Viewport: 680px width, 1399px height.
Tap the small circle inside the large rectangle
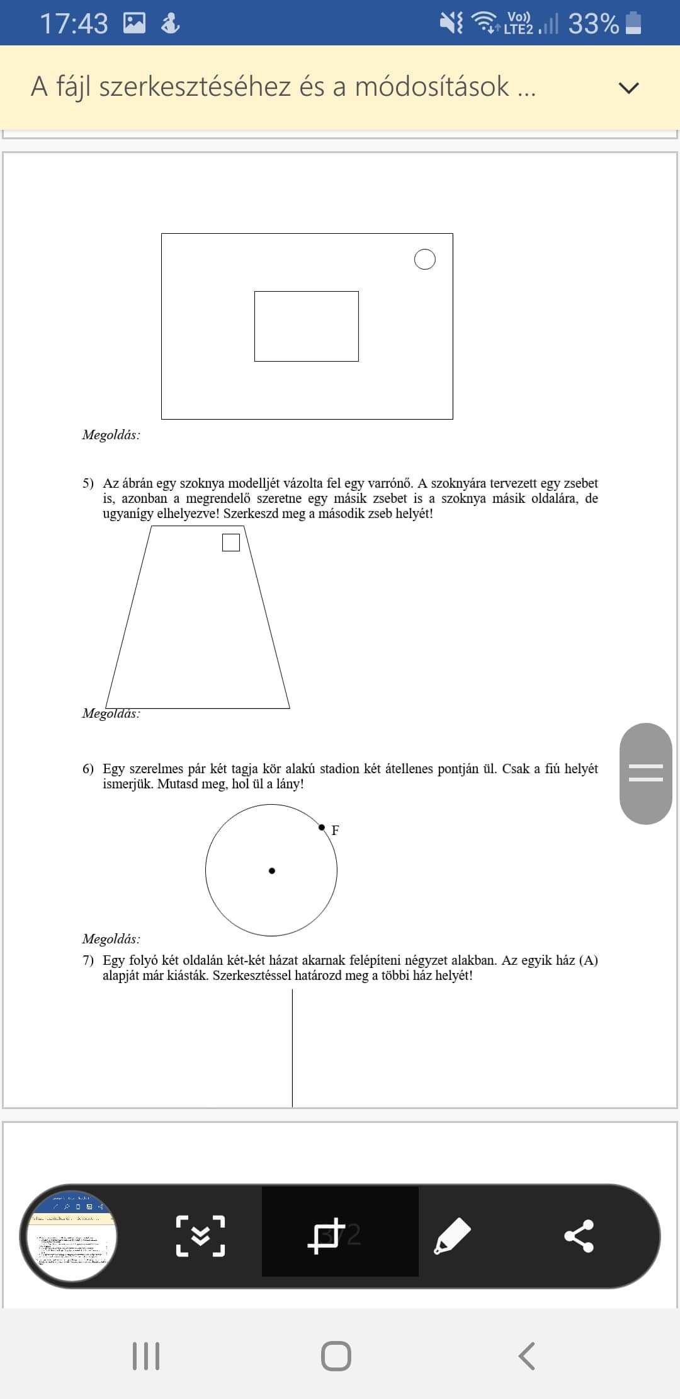pyautogui.click(x=425, y=259)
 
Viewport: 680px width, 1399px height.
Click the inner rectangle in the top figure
pyautogui.click(x=307, y=326)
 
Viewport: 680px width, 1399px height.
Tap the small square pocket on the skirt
pyautogui.click(x=231, y=543)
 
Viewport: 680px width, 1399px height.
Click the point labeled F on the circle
pyautogui.click(x=322, y=827)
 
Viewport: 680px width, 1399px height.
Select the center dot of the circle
pyautogui.click(x=272, y=871)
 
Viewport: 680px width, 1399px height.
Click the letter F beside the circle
pyautogui.click(x=336, y=831)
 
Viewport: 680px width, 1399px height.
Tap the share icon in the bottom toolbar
pyautogui.click(x=579, y=1236)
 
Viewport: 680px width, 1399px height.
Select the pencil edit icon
pyautogui.click(x=452, y=1236)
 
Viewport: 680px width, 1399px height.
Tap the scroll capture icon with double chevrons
pyautogui.click(x=200, y=1236)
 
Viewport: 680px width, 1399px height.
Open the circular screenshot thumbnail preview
pyautogui.click(x=69, y=1236)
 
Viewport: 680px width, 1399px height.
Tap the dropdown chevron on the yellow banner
pyautogui.click(x=628, y=88)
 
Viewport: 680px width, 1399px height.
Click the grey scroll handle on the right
pyautogui.click(x=646, y=773)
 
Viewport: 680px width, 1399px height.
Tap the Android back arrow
pyautogui.click(x=526, y=1356)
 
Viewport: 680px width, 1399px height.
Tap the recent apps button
pyautogui.click(x=146, y=1356)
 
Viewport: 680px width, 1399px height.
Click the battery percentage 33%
pyautogui.click(x=593, y=24)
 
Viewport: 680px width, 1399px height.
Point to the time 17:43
pyautogui.click(x=74, y=24)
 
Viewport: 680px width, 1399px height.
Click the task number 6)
pyautogui.click(x=88, y=769)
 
